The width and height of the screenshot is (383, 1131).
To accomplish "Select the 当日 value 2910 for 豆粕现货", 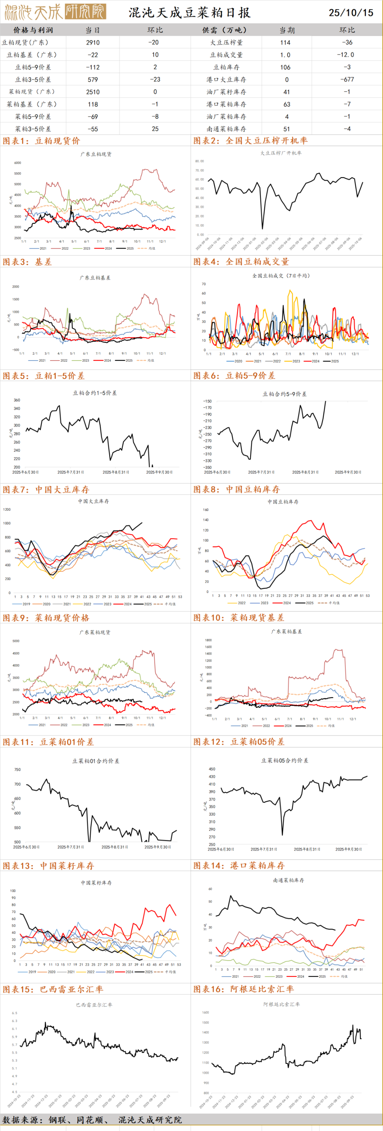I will click(x=93, y=43).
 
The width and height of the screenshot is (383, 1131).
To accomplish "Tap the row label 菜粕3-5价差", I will click(x=33, y=129).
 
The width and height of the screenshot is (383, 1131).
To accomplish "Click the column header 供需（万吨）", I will click(x=226, y=30).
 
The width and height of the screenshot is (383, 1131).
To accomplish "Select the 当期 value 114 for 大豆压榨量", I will click(x=285, y=43).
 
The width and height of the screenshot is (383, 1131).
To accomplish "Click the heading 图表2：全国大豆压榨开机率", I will click(x=250, y=140).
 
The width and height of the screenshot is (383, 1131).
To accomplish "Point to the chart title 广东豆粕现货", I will click(x=96, y=154).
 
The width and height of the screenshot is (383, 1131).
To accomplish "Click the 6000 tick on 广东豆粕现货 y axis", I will click(x=18, y=163).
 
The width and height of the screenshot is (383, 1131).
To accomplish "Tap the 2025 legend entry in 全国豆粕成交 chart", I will click(x=331, y=361).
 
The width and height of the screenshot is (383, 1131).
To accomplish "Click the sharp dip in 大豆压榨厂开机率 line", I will click(x=263, y=228).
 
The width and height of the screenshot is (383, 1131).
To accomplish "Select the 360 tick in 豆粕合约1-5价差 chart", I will click(x=17, y=400).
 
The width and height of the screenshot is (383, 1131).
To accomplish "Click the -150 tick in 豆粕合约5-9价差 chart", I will click(x=207, y=401).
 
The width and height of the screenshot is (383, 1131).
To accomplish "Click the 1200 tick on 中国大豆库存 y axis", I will click(x=7, y=510).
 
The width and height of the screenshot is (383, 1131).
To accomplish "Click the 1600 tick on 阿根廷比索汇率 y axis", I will click(x=205, y=1013).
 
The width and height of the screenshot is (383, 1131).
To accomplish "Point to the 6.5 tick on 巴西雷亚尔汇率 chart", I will click(x=15, y=1013).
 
